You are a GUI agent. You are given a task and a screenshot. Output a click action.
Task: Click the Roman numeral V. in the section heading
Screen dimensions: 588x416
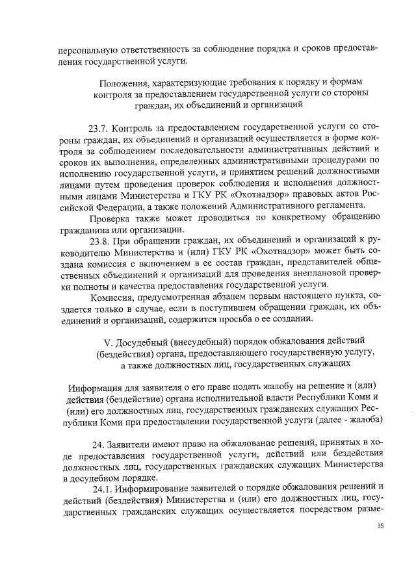[x=108, y=340]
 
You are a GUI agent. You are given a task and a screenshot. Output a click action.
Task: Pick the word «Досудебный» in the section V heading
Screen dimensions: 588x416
[x=142, y=340]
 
